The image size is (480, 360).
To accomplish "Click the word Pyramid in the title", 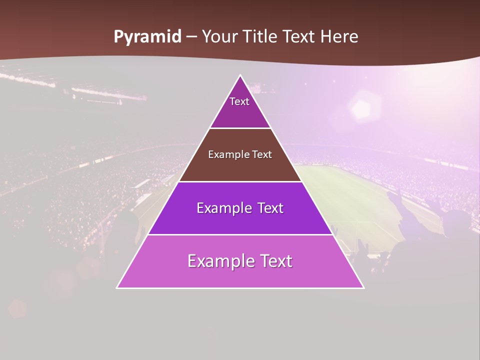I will tap(147, 37).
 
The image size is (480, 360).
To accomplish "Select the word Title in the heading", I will tap(261, 37).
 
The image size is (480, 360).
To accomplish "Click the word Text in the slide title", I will tap(298, 37).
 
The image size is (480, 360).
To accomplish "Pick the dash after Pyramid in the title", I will tap(191, 37).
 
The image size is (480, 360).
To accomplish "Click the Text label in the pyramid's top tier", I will tap(239, 101).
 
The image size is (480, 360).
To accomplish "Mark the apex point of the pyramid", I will tap(240, 75).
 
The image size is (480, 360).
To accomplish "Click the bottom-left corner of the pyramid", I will tap(117, 288).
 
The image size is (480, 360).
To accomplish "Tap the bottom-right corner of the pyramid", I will tap(363, 288).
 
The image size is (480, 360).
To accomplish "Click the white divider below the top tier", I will tap(240, 128).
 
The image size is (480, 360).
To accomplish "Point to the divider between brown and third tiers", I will tap(240, 181).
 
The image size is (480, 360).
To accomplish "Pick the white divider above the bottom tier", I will tap(240, 234).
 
